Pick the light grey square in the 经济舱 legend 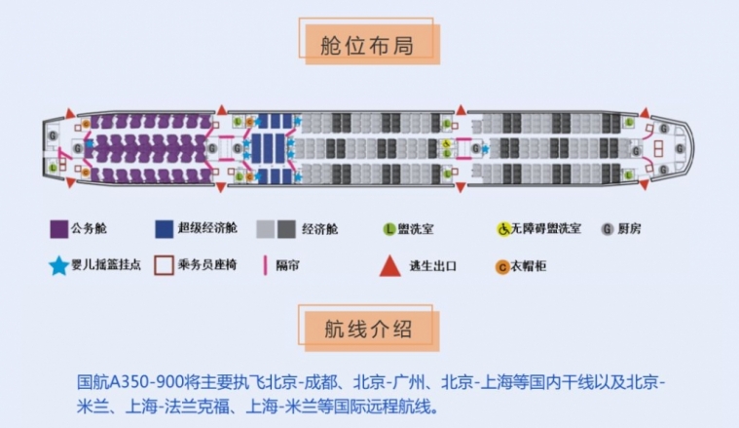click(x=265, y=229)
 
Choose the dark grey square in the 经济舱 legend click(x=285, y=229)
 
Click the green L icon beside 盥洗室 click(x=388, y=229)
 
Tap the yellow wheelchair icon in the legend click(x=504, y=229)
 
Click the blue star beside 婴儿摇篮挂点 click(x=57, y=265)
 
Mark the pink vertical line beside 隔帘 click(x=265, y=265)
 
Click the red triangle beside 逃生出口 click(x=388, y=265)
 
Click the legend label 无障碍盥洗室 click(x=550, y=229)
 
